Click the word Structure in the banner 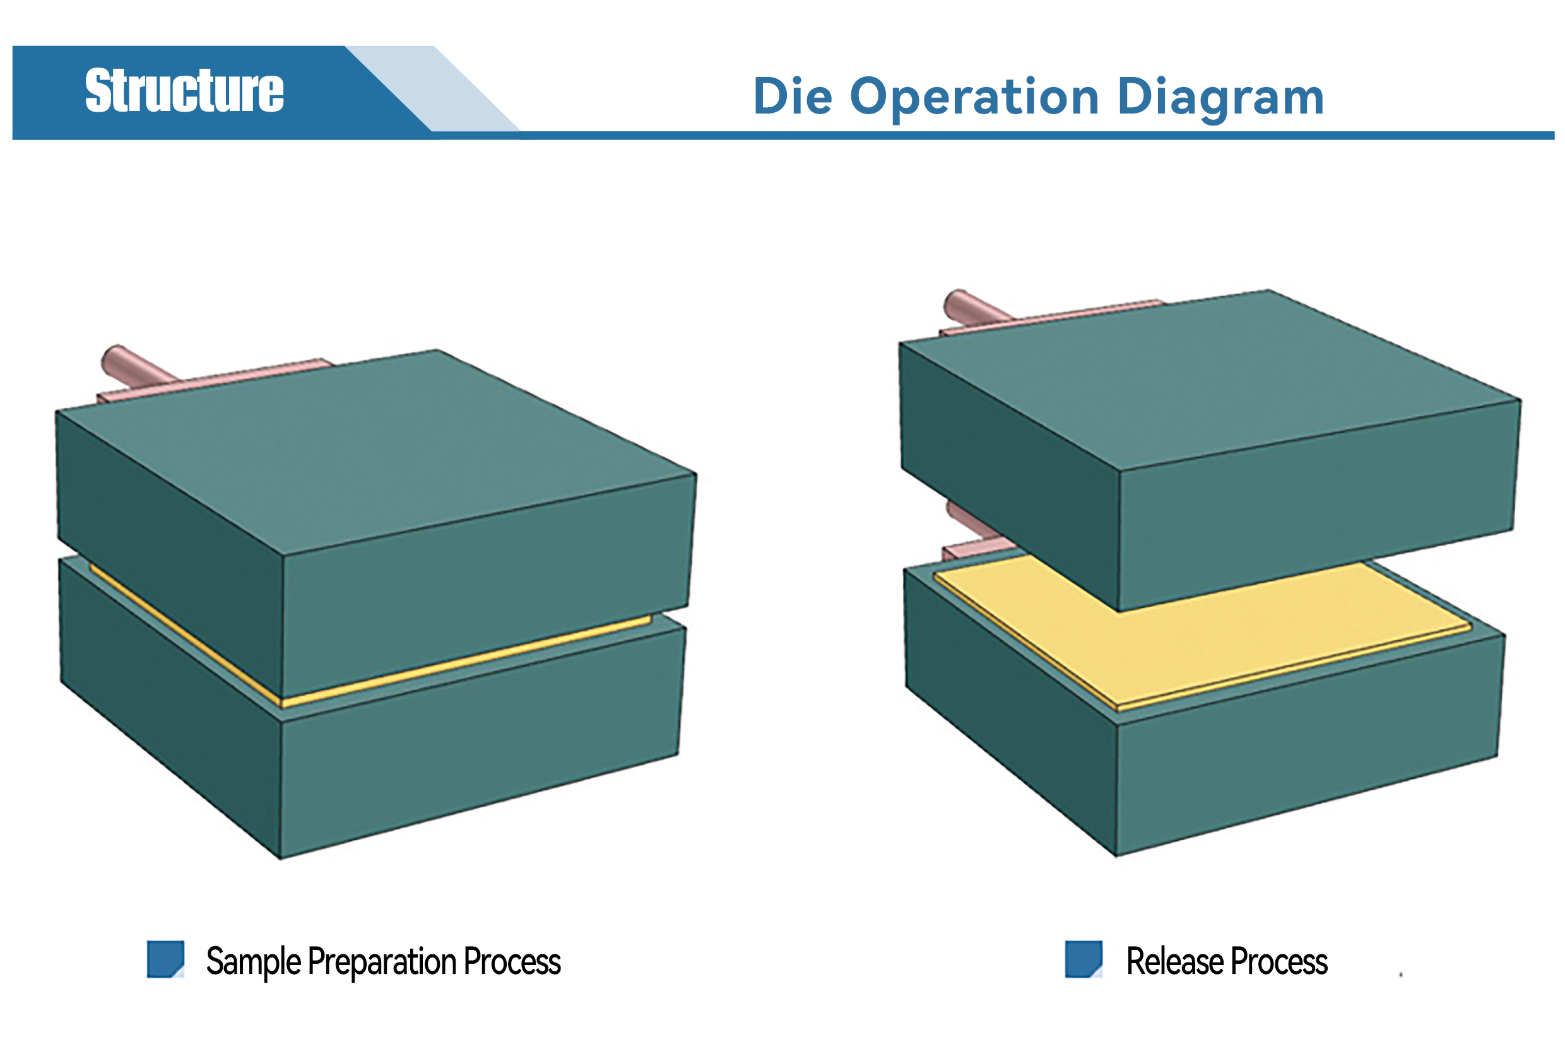tap(184, 90)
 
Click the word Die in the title tap(793, 97)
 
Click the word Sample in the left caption tap(253, 962)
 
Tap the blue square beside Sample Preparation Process tap(165, 959)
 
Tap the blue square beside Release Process tap(1083, 959)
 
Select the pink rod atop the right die tap(977, 307)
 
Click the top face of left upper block tap(375, 450)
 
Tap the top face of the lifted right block tap(1210, 380)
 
